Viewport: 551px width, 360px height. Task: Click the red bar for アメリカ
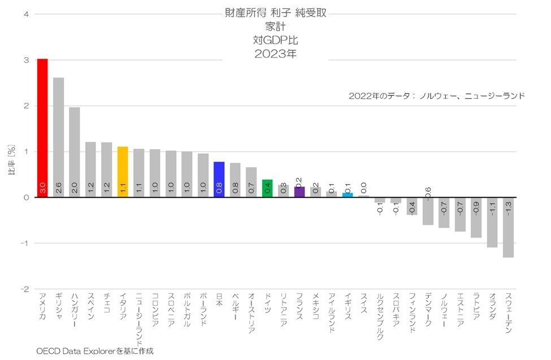pos(42,128)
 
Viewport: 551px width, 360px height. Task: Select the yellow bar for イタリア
pos(123,172)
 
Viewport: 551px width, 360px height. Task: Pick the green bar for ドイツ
pos(267,188)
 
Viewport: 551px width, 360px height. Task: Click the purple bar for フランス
pos(300,192)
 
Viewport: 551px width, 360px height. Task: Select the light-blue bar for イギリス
pos(348,195)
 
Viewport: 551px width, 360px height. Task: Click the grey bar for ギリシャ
pos(58,137)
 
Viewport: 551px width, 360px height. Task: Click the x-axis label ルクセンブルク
pos(380,316)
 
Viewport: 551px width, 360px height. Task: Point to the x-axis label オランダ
pos(492,308)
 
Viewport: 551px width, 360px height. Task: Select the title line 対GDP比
pos(275,40)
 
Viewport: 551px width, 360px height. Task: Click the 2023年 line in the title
pos(275,54)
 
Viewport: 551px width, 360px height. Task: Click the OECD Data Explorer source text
pos(94,351)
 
